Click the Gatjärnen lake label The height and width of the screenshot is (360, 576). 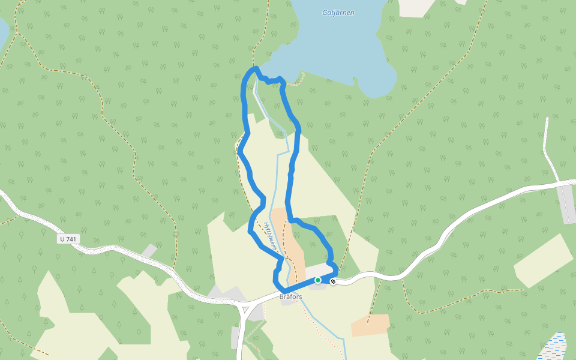point(338,13)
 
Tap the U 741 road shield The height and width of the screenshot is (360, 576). point(68,239)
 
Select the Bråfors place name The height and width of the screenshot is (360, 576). point(290,296)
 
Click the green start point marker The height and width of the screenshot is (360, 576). point(318,280)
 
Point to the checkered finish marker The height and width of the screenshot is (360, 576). point(333,281)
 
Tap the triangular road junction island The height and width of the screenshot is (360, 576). point(245,310)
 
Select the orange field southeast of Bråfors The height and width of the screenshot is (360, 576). point(370,325)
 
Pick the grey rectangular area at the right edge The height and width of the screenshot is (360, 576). point(566,204)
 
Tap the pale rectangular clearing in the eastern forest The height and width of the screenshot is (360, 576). point(544,260)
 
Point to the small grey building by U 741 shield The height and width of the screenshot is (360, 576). point(149,251)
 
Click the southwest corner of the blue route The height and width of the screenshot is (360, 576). point(277,282)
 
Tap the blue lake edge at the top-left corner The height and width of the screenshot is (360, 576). point(2,30)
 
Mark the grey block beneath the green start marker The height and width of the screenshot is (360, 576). point(318,286)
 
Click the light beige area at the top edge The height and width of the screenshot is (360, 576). point(417,7)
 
